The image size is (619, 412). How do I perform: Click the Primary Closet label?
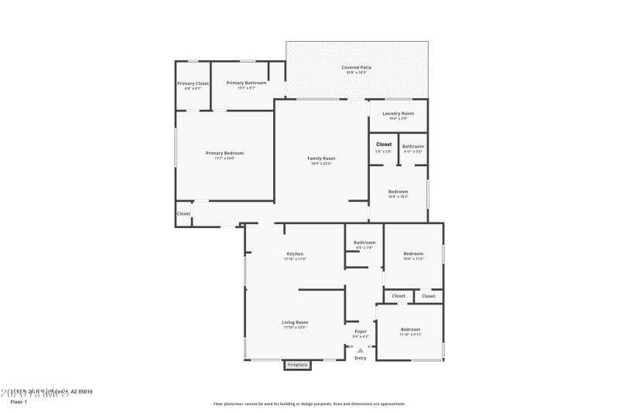coord(193,83)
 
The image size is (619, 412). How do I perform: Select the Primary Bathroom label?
coord(246,83)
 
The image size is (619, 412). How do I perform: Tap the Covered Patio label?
coord(357,68)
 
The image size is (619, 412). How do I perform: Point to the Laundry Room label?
coord(398,114)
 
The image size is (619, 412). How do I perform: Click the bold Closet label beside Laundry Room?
coord(384,145)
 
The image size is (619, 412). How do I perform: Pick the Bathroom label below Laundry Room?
coord(412,147)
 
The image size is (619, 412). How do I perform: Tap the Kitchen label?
coord(295,254)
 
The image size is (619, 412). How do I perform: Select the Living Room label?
coord(296,322)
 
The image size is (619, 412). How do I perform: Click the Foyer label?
coord(361,331)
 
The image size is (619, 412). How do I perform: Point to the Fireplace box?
coord(297,364)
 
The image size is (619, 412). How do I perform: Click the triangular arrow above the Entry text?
coord(361,350)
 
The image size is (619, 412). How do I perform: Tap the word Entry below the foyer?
coord(361,358)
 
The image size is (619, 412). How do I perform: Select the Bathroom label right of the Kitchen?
coord(364,243)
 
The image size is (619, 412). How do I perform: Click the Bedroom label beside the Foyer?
coord(410,329)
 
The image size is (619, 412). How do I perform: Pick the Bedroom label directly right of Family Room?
coord(398,192)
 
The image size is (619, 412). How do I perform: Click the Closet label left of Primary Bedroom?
coord(183,214)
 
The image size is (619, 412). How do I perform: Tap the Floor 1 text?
coord(18,402)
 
